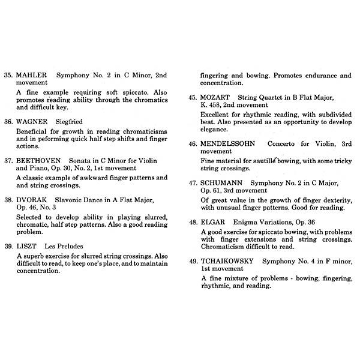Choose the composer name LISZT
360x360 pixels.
pyautogui.click(x=28, y=246)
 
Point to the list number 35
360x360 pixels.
pyautogui.click(x=8, y=76)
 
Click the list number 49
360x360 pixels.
pyautogui.click(x=193, y=261)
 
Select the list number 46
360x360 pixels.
pyautogui.click(x=193, y=144)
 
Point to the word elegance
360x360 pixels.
pyautogui.click(x=216, y=128)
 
